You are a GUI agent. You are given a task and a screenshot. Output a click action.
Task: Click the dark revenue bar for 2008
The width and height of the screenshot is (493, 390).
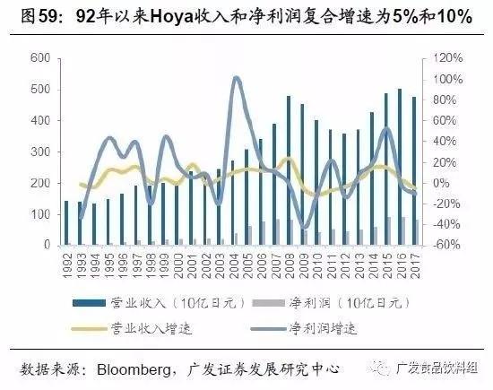pos(289,170)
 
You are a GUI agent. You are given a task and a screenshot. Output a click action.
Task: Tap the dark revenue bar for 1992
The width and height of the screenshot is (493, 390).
pos(66,222)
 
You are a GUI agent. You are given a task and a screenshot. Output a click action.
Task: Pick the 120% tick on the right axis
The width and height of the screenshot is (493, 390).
pos(441,58)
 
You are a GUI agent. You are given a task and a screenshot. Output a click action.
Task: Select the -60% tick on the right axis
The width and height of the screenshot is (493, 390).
pos(441,245)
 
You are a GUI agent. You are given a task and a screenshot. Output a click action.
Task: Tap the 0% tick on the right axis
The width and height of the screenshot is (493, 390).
pos(437,183)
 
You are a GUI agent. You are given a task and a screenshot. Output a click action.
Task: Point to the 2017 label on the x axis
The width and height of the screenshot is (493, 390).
pos(416,264)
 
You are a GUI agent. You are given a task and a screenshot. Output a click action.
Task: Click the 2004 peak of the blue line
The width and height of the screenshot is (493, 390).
pos(235,79)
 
